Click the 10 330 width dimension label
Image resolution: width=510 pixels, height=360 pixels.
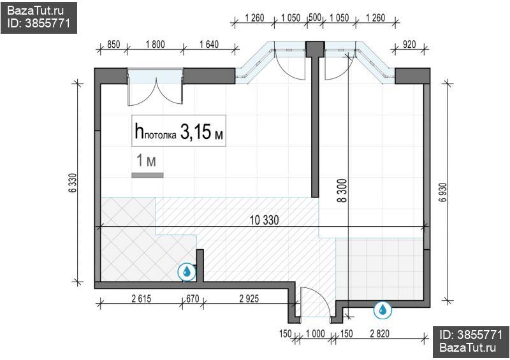click(264, 220)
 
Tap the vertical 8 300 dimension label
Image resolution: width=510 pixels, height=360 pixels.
click(342, 191)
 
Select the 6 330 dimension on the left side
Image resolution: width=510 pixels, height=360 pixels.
click(73, 183)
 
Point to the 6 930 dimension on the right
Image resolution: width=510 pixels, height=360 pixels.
click(442, 192)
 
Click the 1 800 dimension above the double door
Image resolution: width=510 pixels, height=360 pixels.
click(155, 44)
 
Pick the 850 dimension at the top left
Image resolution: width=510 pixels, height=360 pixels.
click(113, 44)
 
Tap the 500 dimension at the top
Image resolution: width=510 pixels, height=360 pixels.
click(315, 17)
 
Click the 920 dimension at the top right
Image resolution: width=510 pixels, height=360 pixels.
click(409, 44)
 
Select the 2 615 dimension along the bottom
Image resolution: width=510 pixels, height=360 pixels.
click(141, 299)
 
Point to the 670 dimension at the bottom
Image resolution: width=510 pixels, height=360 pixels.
click(193, 299)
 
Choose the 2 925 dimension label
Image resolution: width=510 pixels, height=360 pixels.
click(249, 299)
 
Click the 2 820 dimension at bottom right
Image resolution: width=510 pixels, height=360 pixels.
click(379, 333)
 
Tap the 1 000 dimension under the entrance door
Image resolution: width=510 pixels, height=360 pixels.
click(315, 333)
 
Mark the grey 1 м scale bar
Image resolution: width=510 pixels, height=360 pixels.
click(147, 175)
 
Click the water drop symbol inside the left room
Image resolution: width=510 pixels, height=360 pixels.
click(187, 271)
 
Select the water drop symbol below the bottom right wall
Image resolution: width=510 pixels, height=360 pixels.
click(383, 309)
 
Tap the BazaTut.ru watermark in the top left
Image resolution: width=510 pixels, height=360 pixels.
click(35, 11)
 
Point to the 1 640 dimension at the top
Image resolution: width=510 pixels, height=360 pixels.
click(209, 44)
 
